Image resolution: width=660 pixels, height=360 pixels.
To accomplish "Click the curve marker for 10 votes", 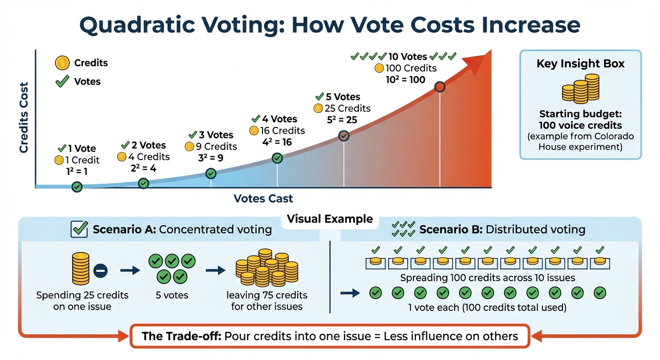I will (x=440, y=87).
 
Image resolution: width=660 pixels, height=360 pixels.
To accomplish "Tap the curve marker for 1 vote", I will (x=77, y=187).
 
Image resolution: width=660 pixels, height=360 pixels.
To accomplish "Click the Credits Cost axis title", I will (x=23, y=117).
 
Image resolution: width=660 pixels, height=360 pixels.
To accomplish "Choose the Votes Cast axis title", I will (x=263, y=198).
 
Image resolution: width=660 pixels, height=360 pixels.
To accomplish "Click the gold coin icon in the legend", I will (x=62, y=62).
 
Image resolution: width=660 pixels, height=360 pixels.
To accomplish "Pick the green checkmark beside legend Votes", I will (x=62, y=82).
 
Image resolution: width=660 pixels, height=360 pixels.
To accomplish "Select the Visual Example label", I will (x=330, y=219).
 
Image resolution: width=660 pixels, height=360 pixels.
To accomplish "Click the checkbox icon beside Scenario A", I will (x=78, y=229).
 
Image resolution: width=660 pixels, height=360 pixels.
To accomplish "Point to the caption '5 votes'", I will (x=172, y=295).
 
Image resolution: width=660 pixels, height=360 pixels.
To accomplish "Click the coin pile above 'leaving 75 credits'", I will (x=266, y=269).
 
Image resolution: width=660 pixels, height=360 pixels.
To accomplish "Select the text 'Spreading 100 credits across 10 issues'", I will (x=487, y=278).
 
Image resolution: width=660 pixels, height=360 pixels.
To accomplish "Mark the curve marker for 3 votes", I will (x=211, y=173).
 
